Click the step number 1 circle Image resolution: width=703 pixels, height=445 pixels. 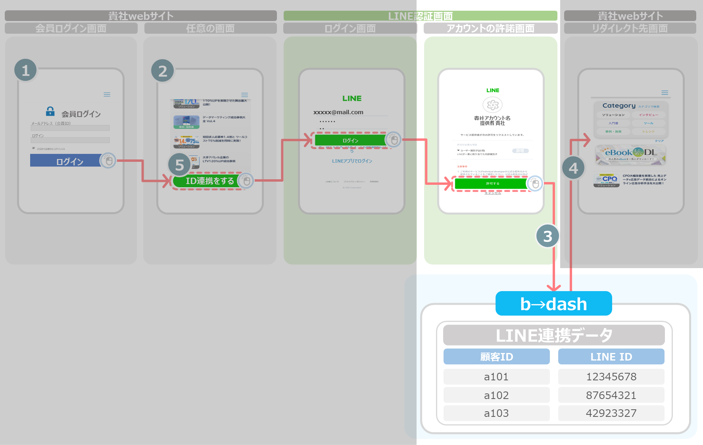26,70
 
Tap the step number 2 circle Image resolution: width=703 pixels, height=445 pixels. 163,71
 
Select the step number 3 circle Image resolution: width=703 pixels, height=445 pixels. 547,236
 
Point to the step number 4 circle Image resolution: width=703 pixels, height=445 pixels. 573,168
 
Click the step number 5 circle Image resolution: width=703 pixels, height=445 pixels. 179,165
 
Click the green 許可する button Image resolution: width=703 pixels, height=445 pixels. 492,184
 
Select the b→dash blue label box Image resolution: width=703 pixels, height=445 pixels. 553,304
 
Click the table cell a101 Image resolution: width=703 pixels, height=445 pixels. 496,377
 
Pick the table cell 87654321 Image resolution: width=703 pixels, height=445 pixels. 611,395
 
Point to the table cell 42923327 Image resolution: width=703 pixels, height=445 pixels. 611,413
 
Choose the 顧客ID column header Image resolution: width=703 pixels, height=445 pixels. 496,357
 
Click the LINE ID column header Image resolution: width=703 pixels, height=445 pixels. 611,357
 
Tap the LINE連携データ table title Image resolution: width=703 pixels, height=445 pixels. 554,336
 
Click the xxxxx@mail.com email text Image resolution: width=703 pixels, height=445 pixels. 338,112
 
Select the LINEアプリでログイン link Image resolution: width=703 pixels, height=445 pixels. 352,161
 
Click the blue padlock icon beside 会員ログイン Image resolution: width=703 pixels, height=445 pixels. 50,111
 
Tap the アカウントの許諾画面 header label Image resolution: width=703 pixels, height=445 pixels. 490,29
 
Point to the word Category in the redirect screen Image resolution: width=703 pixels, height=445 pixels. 619,105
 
